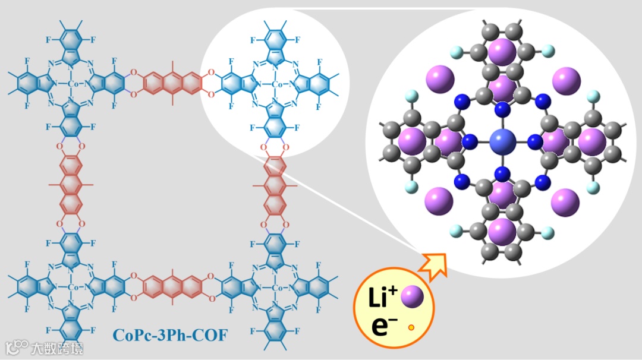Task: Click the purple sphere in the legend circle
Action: pyautogui.click(x=411, y=297)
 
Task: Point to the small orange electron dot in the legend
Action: pyautogui.click(x=411, y=327)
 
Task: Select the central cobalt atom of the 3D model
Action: pyautogui.click(x=502, y=143)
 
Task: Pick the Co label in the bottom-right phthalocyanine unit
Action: pyautogui.click(x=276, y=288)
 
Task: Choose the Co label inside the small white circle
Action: pyautogui.click(x=276, y=84)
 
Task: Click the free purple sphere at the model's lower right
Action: pyautogui.click(x=565, y=202)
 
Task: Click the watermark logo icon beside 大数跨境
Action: pyautogui.click(x=17, y=347)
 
